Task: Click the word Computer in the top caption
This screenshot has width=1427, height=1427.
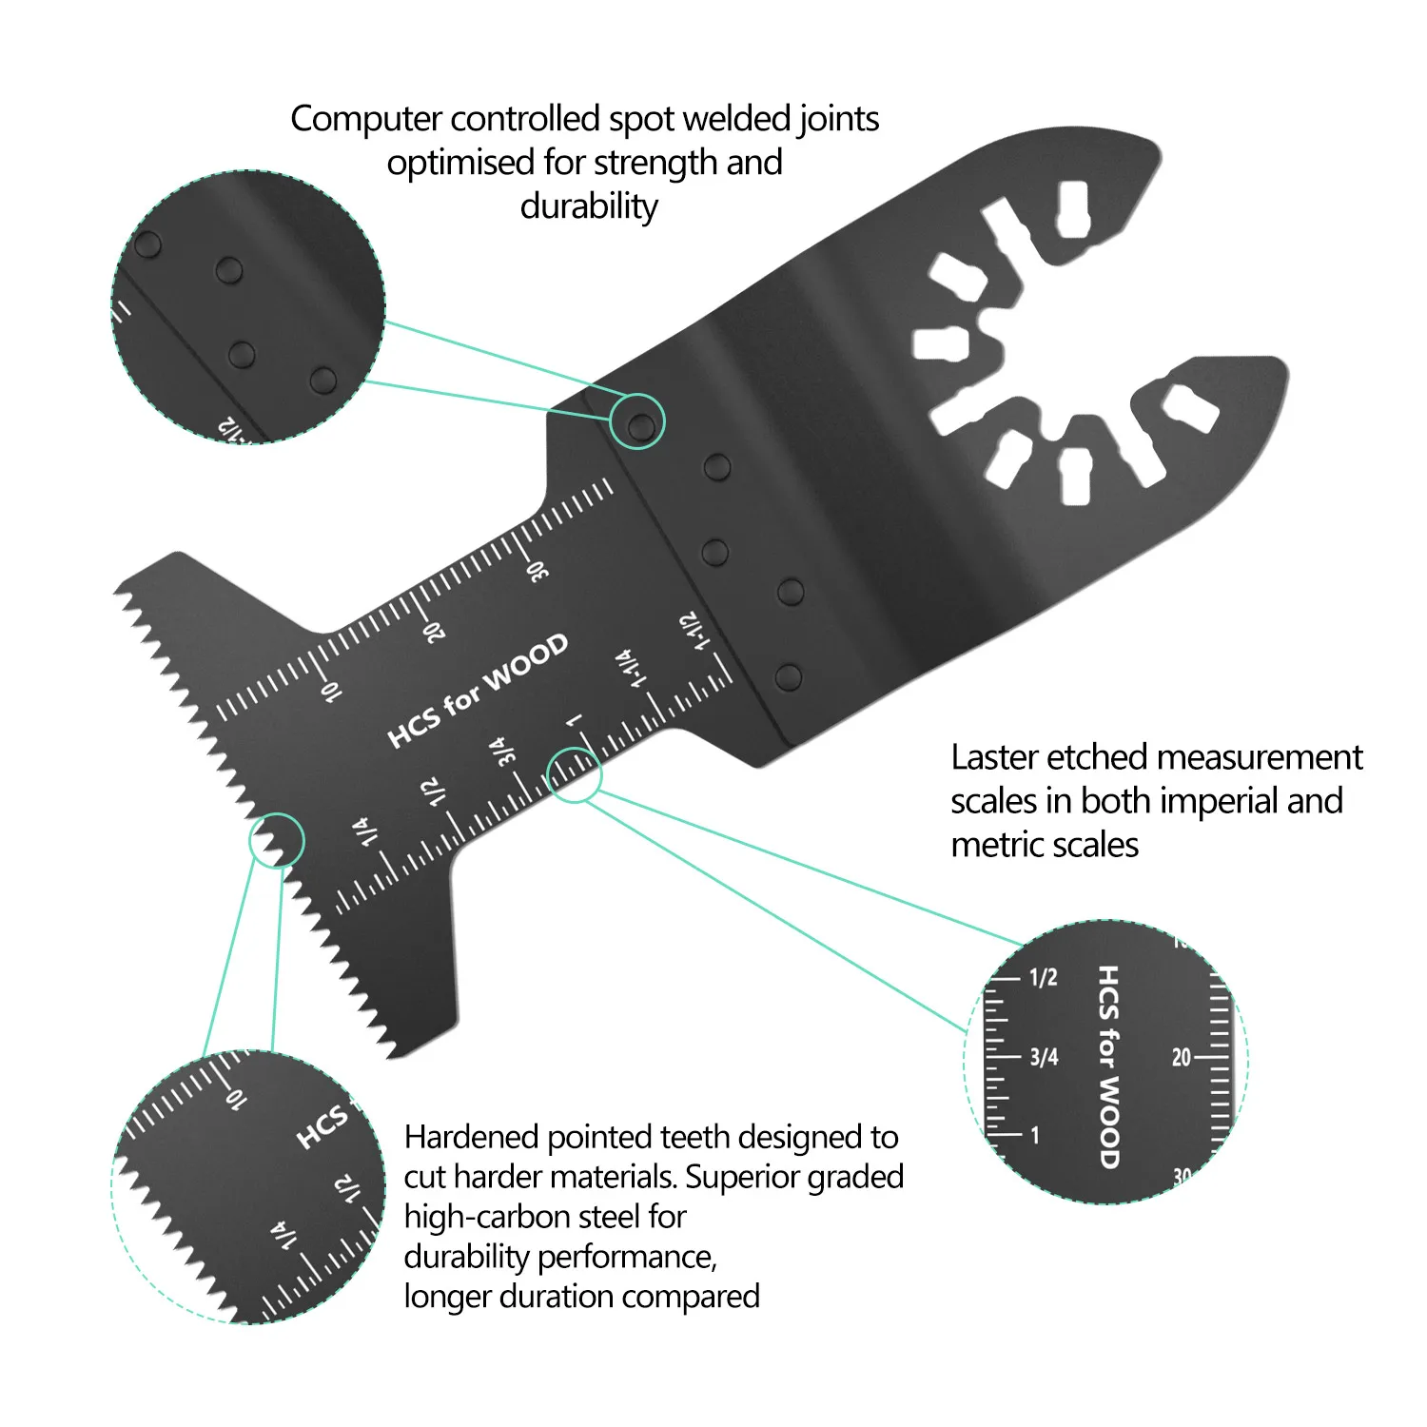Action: click(366, 120)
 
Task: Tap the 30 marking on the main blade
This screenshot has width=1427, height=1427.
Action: click(538, 571)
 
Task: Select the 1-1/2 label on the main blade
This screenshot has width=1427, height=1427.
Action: click(694, 631)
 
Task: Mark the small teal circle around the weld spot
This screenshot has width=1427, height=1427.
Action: click(636, 421)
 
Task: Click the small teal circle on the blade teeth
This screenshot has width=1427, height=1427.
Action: click(276, 841)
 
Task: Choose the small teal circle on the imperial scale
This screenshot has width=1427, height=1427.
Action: click(575, 774)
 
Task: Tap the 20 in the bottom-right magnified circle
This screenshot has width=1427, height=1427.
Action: click(1181, 1057)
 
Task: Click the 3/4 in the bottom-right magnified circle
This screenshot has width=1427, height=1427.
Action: click(1044, 1057)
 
